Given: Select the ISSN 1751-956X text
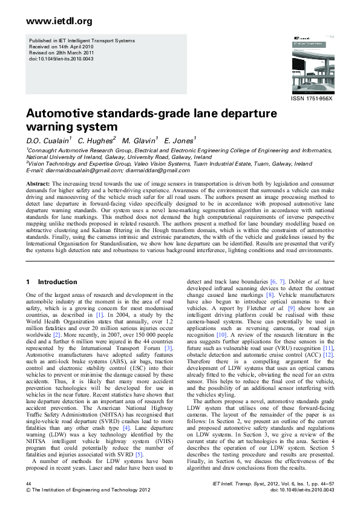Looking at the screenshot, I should point(312,98).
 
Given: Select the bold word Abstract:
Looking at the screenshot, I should point(39,183).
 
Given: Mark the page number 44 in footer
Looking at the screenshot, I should point(29,485).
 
